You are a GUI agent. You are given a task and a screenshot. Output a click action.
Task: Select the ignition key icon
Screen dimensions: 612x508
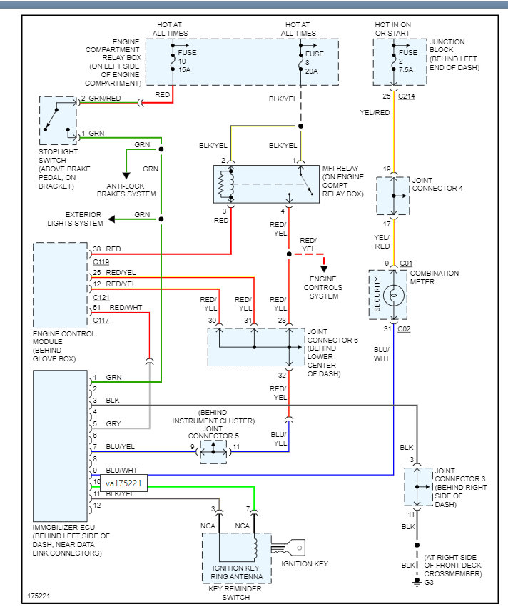(293, 548)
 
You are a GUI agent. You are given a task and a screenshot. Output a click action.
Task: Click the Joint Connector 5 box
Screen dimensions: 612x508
(213, 452)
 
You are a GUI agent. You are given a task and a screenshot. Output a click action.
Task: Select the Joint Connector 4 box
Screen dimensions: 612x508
(393, 196)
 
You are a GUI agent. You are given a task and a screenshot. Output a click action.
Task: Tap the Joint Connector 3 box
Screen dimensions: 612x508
(419, 487)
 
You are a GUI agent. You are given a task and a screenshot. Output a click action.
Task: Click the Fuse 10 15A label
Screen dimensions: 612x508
(187, 60)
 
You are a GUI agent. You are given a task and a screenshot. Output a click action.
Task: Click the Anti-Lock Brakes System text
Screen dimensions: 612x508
(126, 189)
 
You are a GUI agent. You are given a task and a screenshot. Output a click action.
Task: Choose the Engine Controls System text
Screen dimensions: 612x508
(325, 287)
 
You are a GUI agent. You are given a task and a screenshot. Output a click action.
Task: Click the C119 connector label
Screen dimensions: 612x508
(101, 261)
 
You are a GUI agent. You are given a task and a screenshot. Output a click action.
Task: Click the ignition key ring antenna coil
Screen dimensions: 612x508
(255, 548)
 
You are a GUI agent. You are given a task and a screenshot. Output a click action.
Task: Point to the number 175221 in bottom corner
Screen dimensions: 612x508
(39, 595)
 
